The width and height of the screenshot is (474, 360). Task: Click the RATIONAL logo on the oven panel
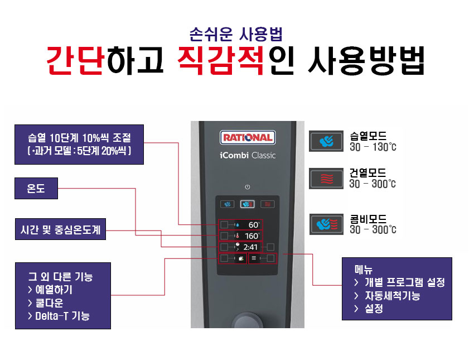pos(248,138)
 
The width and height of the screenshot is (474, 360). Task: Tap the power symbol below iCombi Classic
pos(247,187)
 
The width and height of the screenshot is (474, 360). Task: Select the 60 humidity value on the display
pos(254,225)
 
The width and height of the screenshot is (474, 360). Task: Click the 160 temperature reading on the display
pos(251,236)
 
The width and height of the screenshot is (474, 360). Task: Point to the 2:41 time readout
pos(250,247)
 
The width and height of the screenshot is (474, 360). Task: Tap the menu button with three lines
pos(254,258)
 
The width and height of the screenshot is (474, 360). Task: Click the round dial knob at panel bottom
pos(247,321)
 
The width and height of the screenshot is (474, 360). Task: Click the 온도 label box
pos(36,189)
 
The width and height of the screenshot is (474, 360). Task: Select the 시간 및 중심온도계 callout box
pos(60,229)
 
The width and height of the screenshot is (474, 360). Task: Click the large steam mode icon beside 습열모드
pos(326,141)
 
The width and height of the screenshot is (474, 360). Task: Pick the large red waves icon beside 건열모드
pos(326,179)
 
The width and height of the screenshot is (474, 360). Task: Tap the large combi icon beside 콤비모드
pos(326,224)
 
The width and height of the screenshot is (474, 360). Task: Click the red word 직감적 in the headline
pos(221,60)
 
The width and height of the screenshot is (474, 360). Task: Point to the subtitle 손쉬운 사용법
pos(236,34)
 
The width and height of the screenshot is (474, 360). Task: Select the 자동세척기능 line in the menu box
pos(393,296)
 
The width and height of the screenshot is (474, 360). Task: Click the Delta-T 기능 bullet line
pos(62,316)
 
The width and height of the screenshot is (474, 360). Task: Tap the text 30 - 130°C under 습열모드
pos(373,147)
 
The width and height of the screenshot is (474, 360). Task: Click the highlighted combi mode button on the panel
pos(247,204)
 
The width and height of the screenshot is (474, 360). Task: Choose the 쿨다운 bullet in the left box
pos(49,303)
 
